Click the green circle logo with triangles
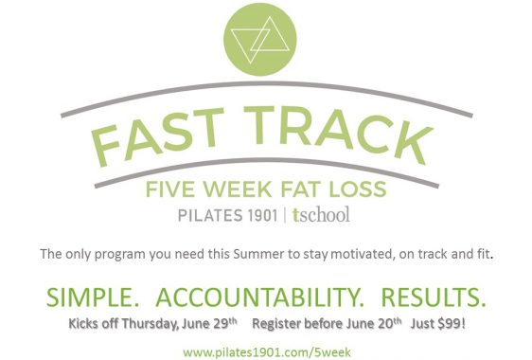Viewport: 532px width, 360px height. tap(260, 39)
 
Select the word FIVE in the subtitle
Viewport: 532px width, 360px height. tap(171, 189)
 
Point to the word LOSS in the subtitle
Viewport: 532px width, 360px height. tap(358, 189)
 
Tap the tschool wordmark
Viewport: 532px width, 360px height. tap(321, 215)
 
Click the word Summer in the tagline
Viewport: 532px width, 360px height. tap(258, 254)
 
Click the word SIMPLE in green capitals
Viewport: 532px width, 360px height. tap(93, 297)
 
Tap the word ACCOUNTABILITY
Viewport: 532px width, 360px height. tap(259, 297)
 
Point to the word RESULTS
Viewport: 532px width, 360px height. tap(434, 297)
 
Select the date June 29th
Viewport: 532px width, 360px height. tap(209, 323)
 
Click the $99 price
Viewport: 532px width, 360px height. tap(452, 323)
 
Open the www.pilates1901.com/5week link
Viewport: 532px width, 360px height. tap(267, 352)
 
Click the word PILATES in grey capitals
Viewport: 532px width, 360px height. tap(210, 216)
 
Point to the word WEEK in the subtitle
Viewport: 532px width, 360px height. tap(238, 189)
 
